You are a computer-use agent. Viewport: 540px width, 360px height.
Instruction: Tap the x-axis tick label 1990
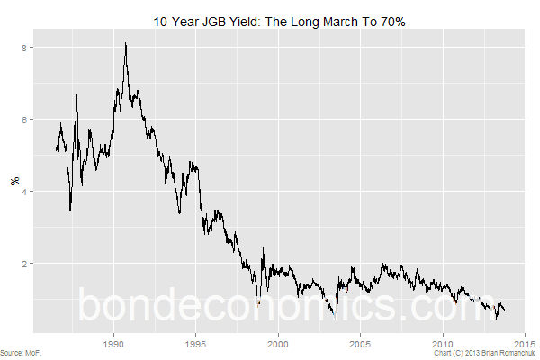pyautogui.click(x=114, y=344)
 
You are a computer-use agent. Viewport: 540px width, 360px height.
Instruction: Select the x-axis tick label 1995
pyautogui.click(x=196, y=344)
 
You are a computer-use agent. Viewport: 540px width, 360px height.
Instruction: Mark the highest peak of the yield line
pyautogui.click(x=125, y=43)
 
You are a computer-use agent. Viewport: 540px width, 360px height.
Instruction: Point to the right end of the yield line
pyautogui.click(x=505, y=311)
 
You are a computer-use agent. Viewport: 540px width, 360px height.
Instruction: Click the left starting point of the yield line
pyautogui.click(x=56, y=149)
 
